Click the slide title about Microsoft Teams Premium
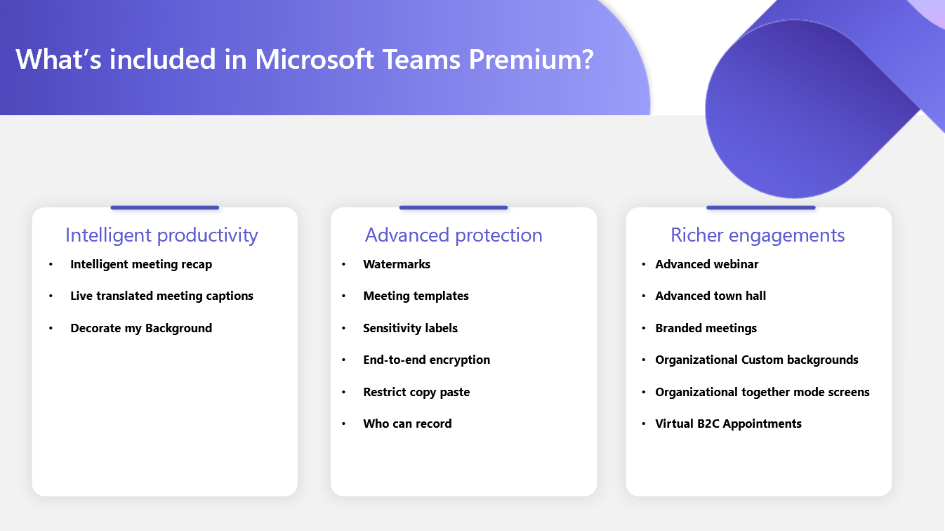305,59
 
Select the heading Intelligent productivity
161,235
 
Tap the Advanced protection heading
454,235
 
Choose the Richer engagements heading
758,235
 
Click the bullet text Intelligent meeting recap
141,264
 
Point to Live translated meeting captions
161,296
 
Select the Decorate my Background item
141,328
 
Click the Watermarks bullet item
397,264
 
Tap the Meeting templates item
416,296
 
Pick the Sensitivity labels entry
410,328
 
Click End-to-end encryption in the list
426,360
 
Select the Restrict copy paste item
416,392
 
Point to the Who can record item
407,424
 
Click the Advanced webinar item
706,264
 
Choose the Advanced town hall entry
711,296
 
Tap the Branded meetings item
706,328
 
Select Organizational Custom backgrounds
756,360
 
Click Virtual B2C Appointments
728,424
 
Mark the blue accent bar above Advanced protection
454,207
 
